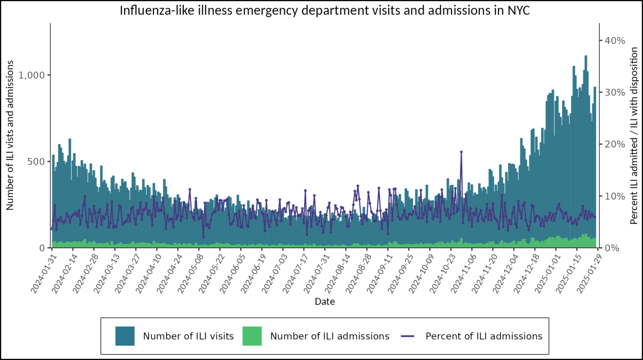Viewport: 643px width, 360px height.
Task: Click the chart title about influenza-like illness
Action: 325,11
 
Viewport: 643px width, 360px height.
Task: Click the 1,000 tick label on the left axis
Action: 32,75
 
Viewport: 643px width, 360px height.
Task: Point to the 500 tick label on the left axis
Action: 37,162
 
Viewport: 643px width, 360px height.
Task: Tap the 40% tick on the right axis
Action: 615,41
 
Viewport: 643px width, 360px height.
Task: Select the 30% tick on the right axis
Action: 615,93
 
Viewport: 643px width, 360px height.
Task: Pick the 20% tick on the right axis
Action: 615,144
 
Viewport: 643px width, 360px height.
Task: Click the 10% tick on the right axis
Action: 615,196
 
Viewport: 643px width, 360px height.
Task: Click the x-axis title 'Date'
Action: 325,302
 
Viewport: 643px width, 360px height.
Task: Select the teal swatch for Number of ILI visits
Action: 125,336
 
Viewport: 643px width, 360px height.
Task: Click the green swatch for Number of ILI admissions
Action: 252,336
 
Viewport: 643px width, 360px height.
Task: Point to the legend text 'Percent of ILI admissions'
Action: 484,336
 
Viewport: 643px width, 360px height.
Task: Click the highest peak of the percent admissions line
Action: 461,152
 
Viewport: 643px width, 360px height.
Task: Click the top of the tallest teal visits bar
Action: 585,56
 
